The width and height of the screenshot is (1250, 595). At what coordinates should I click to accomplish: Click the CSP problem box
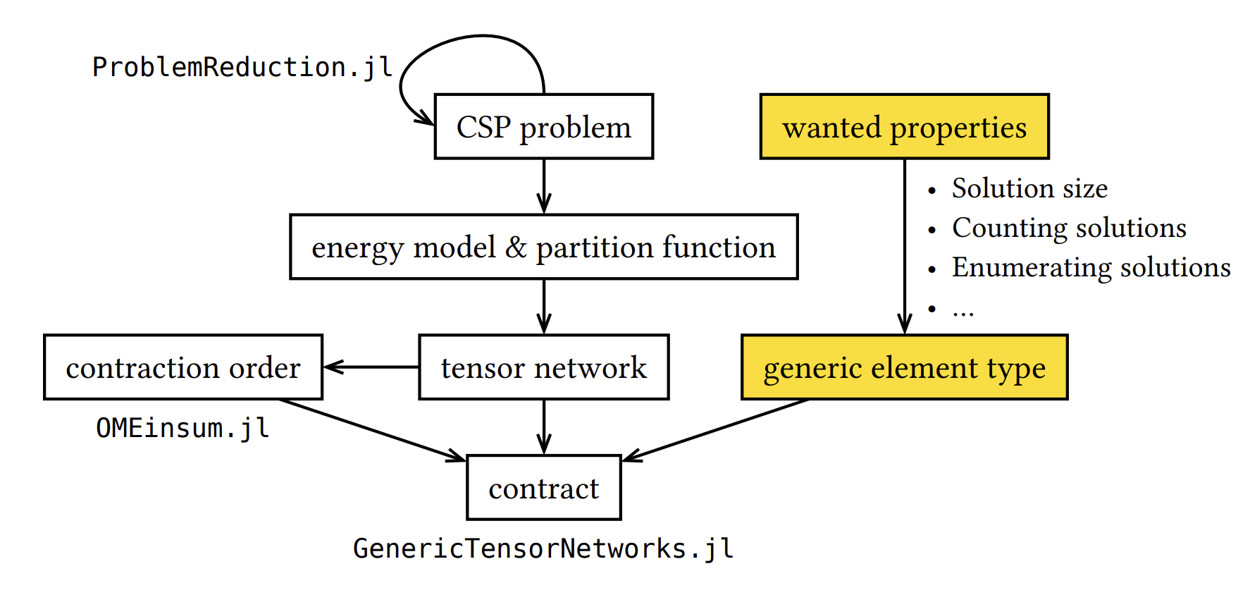click(x=543, y=127)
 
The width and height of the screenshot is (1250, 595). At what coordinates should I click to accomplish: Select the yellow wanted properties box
click(x=904, y=127)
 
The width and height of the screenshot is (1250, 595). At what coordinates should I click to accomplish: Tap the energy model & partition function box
click(x=543, y=247)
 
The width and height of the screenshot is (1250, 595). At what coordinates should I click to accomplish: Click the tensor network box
click(x=543, y=367)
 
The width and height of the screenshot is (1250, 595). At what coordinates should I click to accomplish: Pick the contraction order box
click(x=183, y=367)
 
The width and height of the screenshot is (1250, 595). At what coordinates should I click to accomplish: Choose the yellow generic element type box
click(x=904, y=367)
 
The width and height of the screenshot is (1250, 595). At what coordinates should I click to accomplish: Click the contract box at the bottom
click(x=543, y=488)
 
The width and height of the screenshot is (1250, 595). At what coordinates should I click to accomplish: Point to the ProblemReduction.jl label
click(x=242, y=68)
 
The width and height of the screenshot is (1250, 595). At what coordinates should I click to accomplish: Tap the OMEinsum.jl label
click(x=182, y=428)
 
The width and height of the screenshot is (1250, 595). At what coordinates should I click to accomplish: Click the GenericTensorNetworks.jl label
click(x=543, y=548)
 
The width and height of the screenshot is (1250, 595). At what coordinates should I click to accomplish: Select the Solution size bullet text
click(x=1029, y=188)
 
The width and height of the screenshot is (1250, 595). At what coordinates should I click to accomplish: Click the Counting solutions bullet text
click(x=1068, y=228)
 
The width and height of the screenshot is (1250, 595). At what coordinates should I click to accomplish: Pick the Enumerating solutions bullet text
click(x=1091, y=267)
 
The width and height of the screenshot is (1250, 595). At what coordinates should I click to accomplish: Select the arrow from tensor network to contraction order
click(x=371, y=367)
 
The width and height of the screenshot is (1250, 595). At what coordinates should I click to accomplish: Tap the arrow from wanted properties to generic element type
click(x=904, y=247)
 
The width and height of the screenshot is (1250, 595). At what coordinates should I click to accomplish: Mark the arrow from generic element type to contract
click(x=715, y=430)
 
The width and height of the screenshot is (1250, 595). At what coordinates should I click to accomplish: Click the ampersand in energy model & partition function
click(x=516, y=247)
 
